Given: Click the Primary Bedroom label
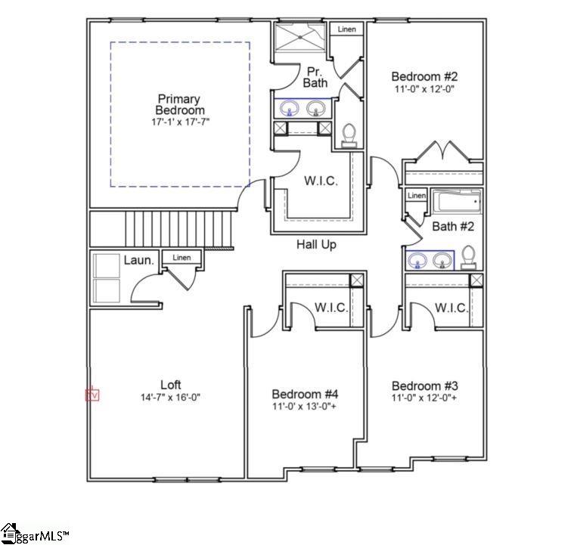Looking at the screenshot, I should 179,104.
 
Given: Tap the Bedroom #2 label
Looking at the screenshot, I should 424,76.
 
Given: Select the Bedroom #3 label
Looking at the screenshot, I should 424,385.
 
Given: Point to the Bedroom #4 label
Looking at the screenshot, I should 305,394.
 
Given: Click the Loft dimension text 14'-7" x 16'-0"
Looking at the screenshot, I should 170,397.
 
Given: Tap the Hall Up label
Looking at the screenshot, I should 316,245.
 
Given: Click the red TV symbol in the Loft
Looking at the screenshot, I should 92,394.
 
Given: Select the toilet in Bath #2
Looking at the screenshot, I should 469,258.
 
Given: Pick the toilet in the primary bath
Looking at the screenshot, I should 349,135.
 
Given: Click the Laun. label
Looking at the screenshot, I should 139,261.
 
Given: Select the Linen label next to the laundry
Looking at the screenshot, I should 182,258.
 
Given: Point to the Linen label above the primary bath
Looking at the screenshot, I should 346,29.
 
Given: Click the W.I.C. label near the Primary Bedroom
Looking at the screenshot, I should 321,181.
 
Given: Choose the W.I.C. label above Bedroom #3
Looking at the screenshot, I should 451,308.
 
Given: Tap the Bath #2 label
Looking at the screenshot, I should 453,226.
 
